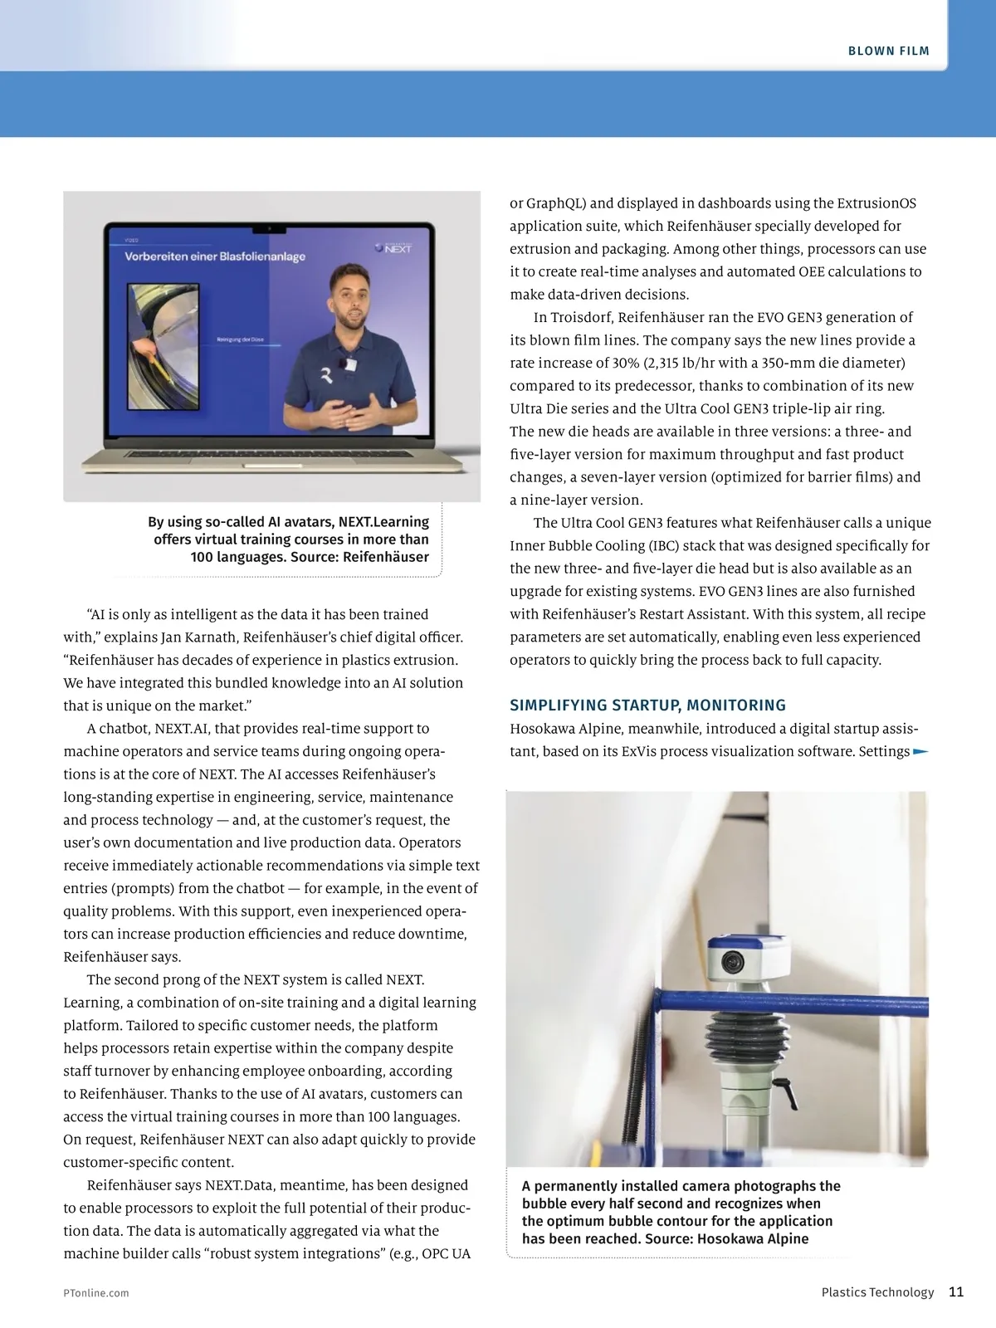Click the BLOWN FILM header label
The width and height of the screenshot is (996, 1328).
[x=888, y=51]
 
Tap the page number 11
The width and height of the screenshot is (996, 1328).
[x=955, y=1291]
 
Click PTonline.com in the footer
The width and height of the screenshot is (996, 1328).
[x=95, y=1292]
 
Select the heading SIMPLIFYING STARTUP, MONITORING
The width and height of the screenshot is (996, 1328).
[x=647, y=705]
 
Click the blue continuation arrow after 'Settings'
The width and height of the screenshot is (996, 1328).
[x=920, y=752]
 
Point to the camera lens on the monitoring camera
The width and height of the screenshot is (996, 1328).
[x=731, y=961]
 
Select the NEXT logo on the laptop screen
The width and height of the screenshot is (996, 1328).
[x=393, y=247]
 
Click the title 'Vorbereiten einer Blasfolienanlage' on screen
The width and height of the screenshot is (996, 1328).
[x=215, y=256]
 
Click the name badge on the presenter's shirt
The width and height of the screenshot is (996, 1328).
[x=351, y=364]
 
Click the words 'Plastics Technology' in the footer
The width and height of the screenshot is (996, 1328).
[x=877, y=1292]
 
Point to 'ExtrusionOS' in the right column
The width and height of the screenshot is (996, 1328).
[x=876, y=203]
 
